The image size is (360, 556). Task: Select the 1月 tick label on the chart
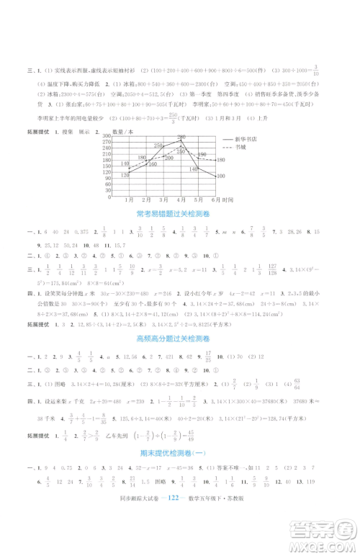tap(130, 199)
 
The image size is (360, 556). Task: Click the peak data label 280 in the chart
tap(181, 137)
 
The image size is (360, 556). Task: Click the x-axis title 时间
tap(228, 199)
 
